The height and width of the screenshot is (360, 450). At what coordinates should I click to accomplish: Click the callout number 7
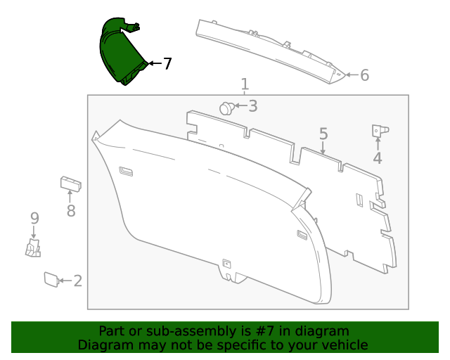[x=167, y=63]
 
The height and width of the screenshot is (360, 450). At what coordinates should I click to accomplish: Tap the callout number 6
[x=364, y=75]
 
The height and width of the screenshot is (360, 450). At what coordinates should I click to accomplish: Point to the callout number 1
[x=245, y=84]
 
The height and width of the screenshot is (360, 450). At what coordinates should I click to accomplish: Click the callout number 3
[x=252, y=106]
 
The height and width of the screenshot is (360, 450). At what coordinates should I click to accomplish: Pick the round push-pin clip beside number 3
[x=227, y=108]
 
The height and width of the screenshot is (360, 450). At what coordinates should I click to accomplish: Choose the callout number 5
[x=323, y=134]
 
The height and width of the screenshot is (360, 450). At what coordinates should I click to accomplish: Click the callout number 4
[x=378, y=158]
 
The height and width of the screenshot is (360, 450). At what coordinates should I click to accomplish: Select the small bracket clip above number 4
[x=380, y=131]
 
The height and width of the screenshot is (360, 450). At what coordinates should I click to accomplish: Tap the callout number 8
[x=71, y=210]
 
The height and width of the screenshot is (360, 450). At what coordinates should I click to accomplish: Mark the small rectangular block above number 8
[x=70, y=184]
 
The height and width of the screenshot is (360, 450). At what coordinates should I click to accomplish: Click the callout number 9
[x=34, y=219]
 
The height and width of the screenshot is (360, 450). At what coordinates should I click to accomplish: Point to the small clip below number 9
[x=33, y=248]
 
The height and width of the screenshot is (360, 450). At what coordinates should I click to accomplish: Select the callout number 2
[x=78, y=281]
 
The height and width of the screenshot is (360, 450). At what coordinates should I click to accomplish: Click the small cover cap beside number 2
[x=51, y=279]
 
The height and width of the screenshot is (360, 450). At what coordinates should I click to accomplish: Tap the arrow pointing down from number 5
[x=323, y=148]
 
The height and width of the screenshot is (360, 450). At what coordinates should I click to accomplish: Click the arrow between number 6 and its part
[x=352, y=75]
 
